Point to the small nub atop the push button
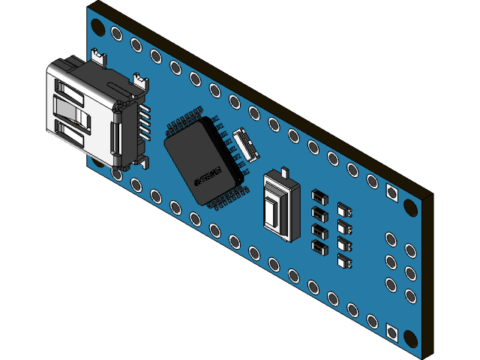[x=285, y=172]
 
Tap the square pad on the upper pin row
[x=391, y=192]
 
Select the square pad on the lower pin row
[x=391, y=331]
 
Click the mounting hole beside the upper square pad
[x=410, y=206]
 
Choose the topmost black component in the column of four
[x=319, y=196]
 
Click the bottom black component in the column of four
[x=319, y=247]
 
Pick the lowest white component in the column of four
[x=345, y=261]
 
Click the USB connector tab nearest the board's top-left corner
[x=98, y=54]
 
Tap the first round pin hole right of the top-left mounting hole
[x=116, y=34]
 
